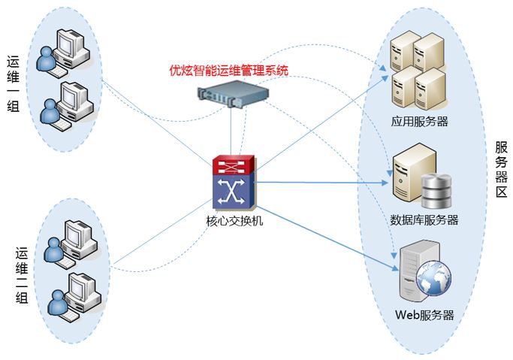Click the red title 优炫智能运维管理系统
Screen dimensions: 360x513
click(229, 71)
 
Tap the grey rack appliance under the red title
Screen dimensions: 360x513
click(233, 93)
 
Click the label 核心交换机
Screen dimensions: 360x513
click(234, 222)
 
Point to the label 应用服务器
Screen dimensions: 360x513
click(419, 121)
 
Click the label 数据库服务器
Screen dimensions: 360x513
click(424, 220)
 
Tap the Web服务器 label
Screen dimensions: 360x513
click(424, 315)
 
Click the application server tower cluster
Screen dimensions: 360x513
click(418, 71)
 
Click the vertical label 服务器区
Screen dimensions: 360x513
click(502, 170)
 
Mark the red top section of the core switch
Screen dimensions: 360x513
click(234, 165)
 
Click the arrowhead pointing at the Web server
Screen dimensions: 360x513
click(394, 266)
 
